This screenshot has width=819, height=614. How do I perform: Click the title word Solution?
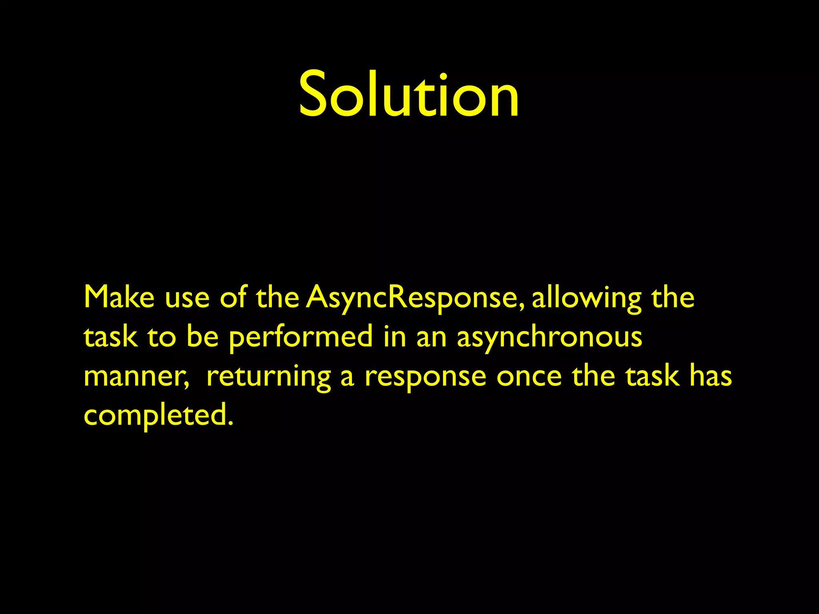409,95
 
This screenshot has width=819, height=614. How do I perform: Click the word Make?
119,297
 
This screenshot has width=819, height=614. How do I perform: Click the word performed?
301,337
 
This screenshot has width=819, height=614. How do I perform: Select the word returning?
268,377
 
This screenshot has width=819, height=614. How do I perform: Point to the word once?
529,377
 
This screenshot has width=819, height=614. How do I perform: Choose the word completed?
158,416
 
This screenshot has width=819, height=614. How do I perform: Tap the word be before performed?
202,337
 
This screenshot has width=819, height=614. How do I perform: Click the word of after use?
234,297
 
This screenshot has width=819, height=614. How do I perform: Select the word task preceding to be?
110,337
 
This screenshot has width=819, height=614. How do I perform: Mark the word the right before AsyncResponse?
278,297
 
